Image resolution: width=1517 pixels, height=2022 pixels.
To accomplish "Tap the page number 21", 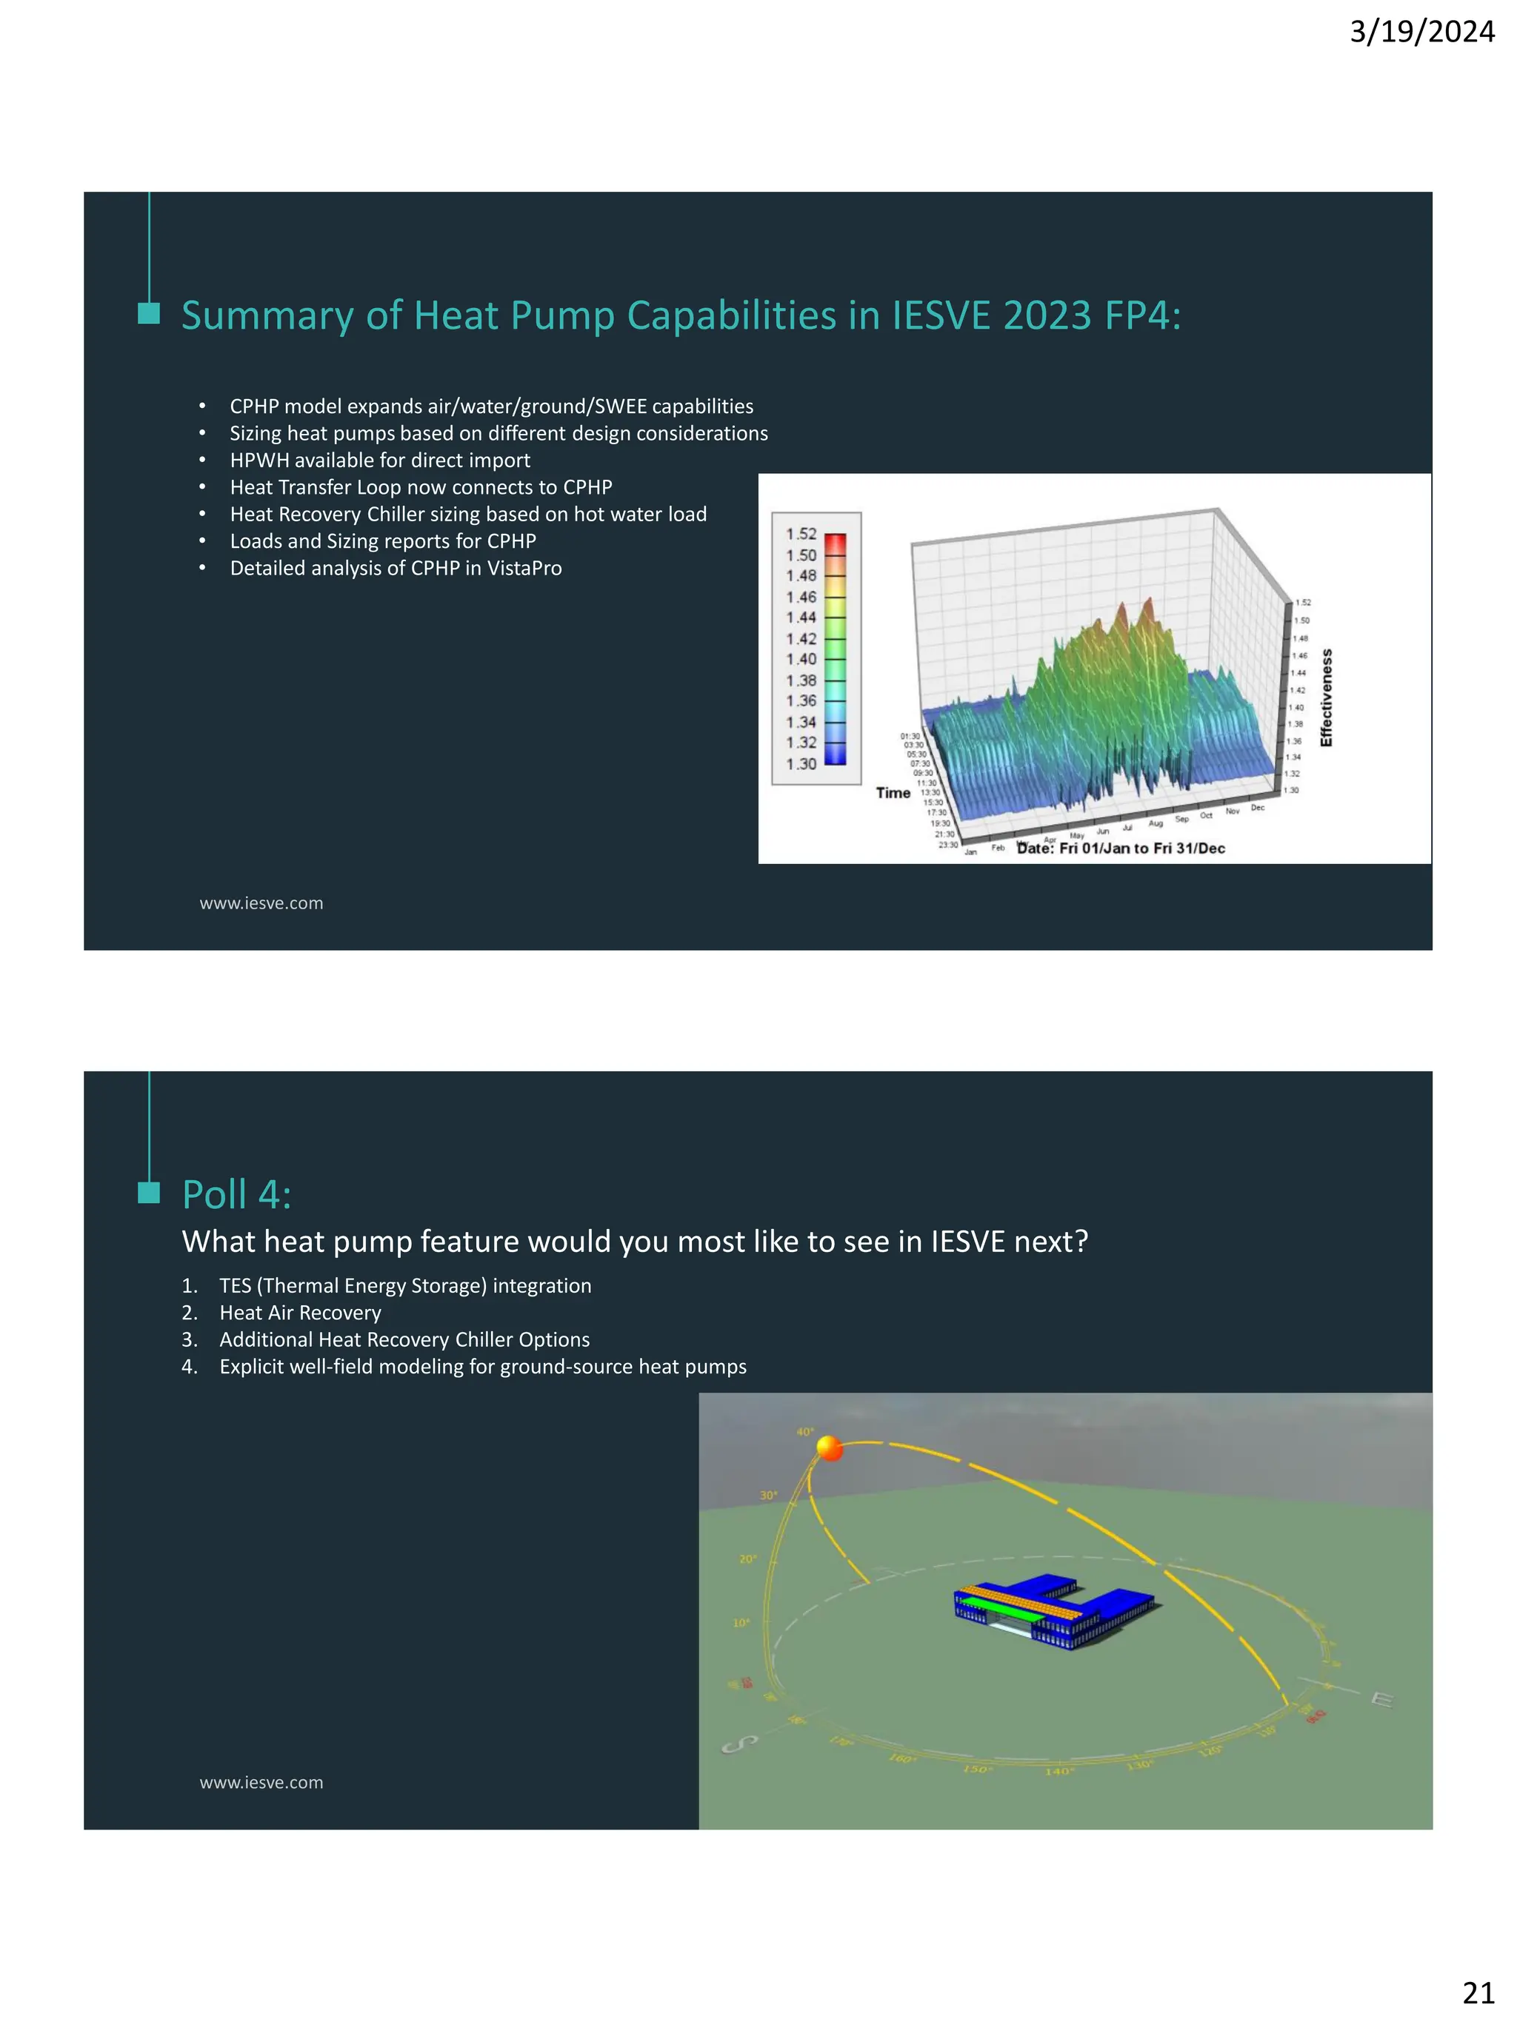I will pos(1478,1992).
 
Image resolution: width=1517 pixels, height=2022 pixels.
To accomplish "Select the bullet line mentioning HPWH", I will pos(379,460).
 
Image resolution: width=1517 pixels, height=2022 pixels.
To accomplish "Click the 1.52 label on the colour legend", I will pos(801,534).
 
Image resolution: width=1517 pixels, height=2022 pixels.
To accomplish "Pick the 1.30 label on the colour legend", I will pos(801,763).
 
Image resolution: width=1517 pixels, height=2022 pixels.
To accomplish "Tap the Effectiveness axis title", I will pos(1326,697).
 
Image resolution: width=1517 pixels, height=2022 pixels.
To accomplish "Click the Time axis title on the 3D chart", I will pos(893,792).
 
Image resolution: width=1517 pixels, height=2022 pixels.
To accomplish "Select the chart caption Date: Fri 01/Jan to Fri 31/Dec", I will pos(1121,848).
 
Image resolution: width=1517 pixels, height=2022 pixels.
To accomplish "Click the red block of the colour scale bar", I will pos(835,545).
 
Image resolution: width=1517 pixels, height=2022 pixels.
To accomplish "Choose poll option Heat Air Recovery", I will pos(300,1313).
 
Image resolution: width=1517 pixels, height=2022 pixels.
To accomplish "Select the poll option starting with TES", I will pos(405,1285).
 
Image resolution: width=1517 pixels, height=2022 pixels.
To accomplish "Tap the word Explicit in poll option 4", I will pos(250,1367).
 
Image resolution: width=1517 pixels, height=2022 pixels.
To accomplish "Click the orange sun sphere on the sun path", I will pos(828,1448).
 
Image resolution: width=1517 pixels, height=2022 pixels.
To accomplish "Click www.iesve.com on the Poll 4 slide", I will pos(261,1783).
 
